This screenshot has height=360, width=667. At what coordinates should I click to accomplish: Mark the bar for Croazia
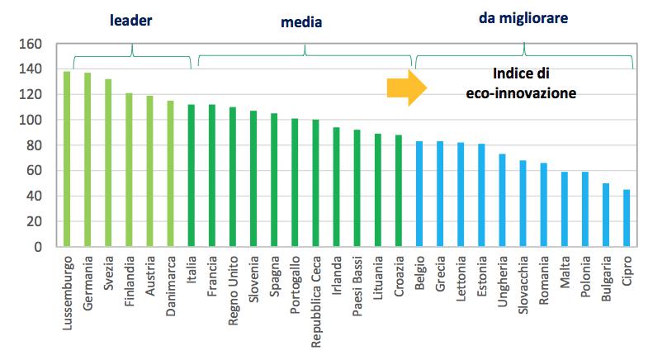399,191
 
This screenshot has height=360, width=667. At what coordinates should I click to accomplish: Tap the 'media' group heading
302,22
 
